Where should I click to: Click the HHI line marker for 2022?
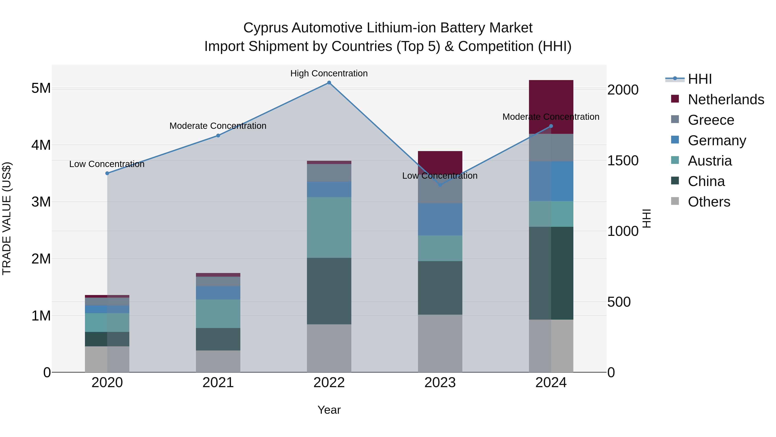coord(329,83)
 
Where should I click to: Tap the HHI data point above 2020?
coord(107,173)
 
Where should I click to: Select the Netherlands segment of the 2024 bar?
coord(551,103)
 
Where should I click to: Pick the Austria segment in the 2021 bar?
coord(218,313)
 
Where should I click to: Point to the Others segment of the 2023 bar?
coord(440,343)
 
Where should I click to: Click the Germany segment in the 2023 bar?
coord(440,219)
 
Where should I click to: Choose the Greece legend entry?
coord(711,120)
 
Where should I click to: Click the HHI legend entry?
coord(699,79)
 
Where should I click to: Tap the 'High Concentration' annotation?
coord(329,73)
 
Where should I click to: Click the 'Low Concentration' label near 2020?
coord(107,164)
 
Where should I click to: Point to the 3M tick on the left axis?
coord(41,202)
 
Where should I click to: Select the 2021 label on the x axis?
coord(218,383)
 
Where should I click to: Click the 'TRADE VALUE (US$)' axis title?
coord(7,218)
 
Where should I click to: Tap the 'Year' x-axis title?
coord(329,410)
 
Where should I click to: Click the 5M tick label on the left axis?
coord(41,88)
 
